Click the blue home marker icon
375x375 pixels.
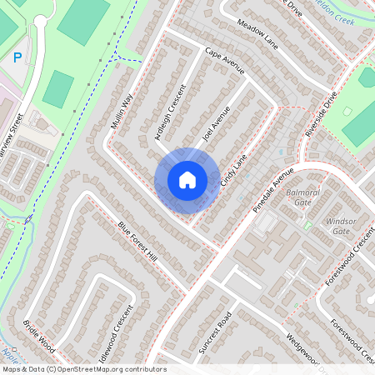tap(187, 179)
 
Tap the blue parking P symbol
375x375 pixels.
tap(17, 57)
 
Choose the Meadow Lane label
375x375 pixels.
tap(255, 34)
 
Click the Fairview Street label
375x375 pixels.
tap(14, 157)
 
